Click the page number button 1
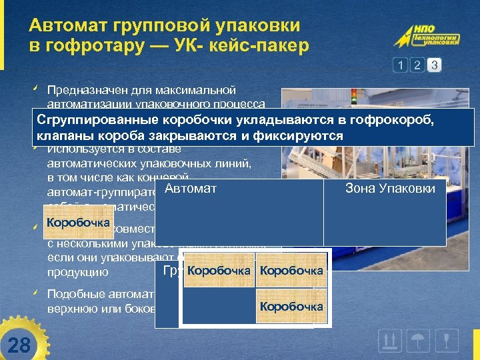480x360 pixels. pyautogui.click(x=400, y=65)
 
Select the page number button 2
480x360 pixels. pyautogui.click(x=417, y=65)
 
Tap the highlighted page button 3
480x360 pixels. pyautogui.click(x=434, y=65)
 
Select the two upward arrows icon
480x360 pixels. pyautogui.click(x=389, y=341)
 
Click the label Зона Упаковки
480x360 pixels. pyautogui.click(x=390, y=189)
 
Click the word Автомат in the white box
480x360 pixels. pyautogui.click(x=190, y=189)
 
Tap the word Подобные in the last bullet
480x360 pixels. pyautogui.click(x=72, y=294)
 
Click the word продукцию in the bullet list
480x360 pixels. pyautogui.click(x=77, y=272)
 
